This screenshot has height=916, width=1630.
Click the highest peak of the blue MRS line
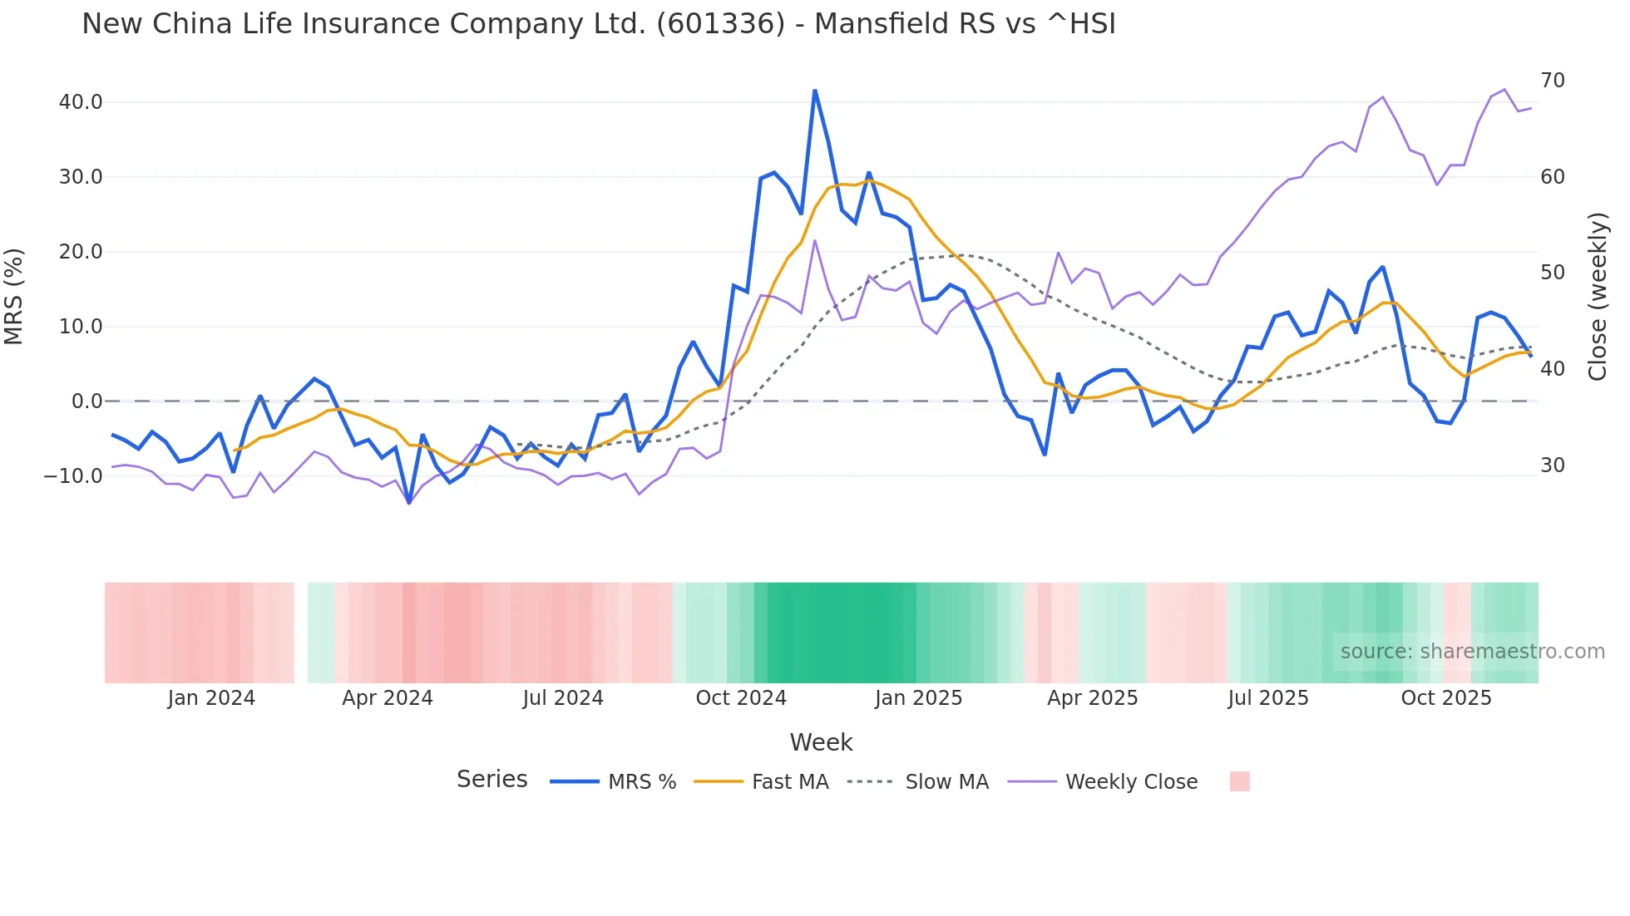click(x=815, y=91)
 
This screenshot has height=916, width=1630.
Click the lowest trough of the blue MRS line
click(x=409, y=502)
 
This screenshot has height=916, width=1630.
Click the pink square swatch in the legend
click(x=1239, y=781)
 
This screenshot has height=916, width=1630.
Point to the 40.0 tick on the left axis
click(x=81, y=102)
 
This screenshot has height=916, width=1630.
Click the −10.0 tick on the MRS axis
click(x=73, y=476)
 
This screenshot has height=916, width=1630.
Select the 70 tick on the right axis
click(x=1553, y=81)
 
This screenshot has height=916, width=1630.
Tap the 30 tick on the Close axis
click(x=1553, y=465)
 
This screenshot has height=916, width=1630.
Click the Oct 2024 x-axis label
click(x=741, y=698)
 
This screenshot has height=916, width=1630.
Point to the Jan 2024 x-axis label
click(x=211, y=698)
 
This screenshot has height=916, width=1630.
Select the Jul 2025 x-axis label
click(x=1268, y=698)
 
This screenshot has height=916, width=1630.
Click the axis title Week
click(x=821, y=742)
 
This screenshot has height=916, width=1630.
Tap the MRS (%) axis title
click(x=14, y=296)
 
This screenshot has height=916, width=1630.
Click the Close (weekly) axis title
click(x=1598, y=297)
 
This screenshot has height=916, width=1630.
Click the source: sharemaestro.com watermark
click(x=1472, y=652)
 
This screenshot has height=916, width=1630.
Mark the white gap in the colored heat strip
click(x=301, y=633)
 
